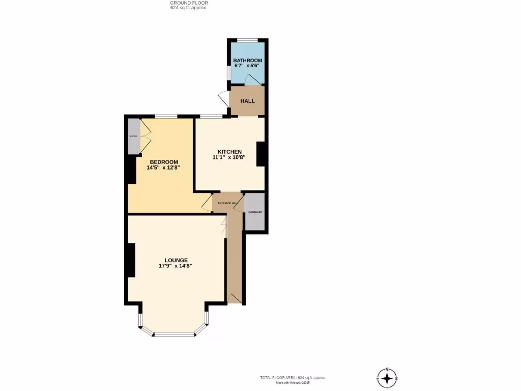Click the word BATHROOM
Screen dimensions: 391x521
click(247, 61)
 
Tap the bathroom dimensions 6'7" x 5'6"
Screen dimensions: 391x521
click(247, 66)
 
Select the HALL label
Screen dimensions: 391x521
click(247, 101)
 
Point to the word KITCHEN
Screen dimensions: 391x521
click(229, 152)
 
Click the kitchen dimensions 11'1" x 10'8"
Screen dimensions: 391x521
click(229, 158)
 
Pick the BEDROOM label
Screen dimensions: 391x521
click(164, 162)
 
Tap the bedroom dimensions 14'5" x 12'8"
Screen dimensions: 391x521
click(164, 168)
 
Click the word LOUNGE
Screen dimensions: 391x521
click(176, 260)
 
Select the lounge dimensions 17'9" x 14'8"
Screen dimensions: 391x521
click(176, 266)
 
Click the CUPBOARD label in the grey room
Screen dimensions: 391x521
click(255, 212)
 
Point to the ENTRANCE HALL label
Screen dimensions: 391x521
click(227, 203)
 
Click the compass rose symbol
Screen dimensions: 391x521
click(387, 378)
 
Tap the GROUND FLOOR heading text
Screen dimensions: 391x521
click(189, 3)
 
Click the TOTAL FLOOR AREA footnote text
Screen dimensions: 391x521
click(292, 377)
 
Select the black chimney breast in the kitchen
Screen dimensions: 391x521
click(260, 154)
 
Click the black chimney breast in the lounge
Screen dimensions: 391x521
click(131, 260)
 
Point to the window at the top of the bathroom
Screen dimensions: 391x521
click(247, 40)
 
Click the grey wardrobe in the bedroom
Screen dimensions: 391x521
click(133, 136)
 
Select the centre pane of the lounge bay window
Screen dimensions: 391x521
click(175, 334)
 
